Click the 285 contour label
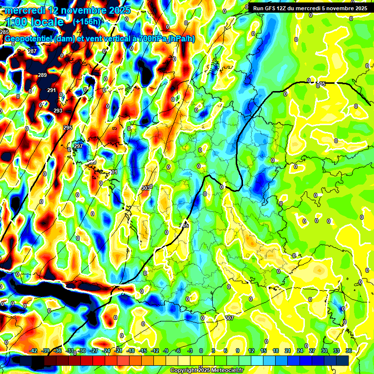coord(4,32)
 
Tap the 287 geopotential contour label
coord(32,51)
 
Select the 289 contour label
coord(42,75)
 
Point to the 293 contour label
coord(58,111)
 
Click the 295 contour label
coord(68,128)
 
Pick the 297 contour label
coord(78,146)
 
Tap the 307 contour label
coord(230,318)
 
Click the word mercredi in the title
coord(27,10)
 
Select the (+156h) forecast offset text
coord(87,22)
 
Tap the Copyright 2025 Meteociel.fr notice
coord(206,370)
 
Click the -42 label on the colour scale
coord(33,351)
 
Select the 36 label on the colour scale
coord(349,351)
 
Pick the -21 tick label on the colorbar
coord(118,351)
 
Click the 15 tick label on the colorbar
coord(263,351)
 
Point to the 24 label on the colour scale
coord(300,351)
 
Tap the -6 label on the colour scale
coord(178,351)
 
